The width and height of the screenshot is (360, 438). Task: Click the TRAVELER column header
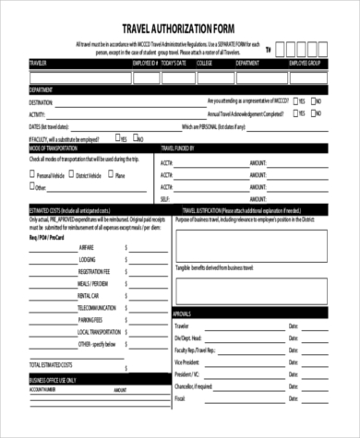40,63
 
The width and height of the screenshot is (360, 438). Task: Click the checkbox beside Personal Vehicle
33,173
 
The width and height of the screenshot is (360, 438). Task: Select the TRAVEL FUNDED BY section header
179,148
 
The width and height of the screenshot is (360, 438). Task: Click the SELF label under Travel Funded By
166,197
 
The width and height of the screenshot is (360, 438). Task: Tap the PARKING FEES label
92,319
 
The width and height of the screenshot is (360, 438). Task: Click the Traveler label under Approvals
182,326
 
